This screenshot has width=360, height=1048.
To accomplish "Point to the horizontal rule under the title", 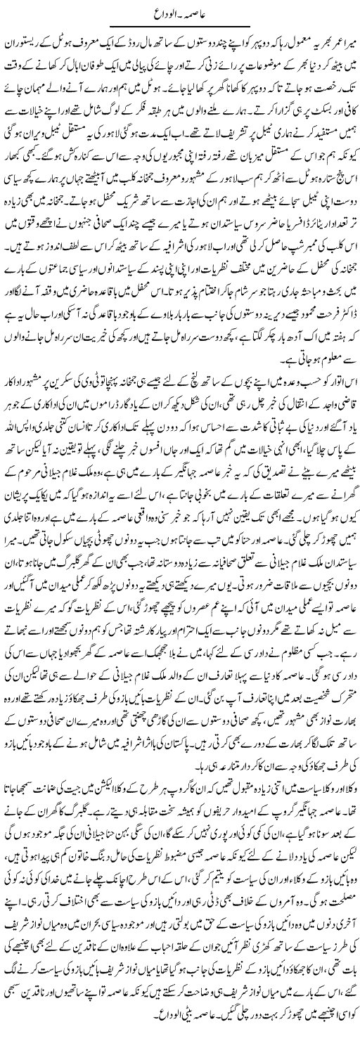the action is click(x=180, y=25).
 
